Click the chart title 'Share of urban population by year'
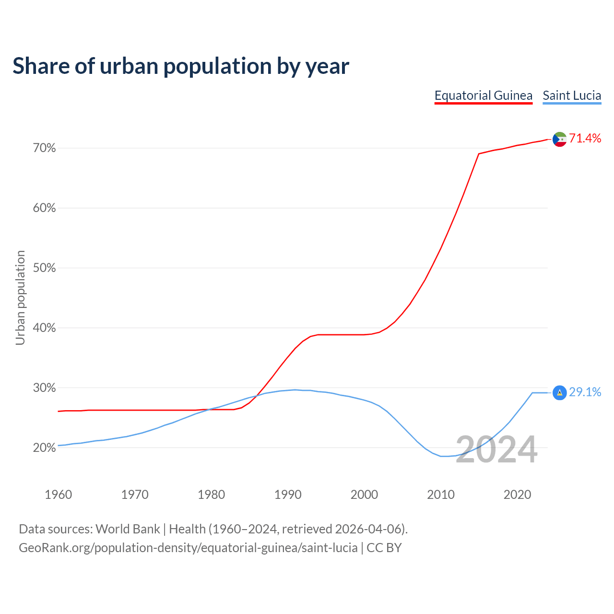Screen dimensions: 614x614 (x=181, y=66)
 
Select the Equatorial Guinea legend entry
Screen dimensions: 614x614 (x=483, y=95)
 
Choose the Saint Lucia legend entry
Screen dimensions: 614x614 (x=572, y=95)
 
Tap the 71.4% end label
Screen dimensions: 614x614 (x=585, y=139)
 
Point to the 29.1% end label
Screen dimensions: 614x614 (x=585, y=392)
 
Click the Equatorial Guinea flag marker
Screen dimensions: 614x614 (x=559, y=139)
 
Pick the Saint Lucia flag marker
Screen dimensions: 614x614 (x=559, y=393)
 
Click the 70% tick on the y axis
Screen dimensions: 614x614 (x=44, y=148)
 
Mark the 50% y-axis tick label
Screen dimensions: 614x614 (x=44, y=268)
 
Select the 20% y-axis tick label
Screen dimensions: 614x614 (x=44, y=448)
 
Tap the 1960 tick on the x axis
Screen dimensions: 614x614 (x=58, y=495)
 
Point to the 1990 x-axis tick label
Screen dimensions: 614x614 (x=288, y=495)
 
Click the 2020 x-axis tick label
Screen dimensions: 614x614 (x=517, y=495)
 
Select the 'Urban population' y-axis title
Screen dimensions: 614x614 (x=20, y=297)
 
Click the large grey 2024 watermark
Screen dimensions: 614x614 (x=496, y=450)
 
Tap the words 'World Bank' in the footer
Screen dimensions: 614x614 (x=128, y=529)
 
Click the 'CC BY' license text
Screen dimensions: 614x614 (x=384, y=548)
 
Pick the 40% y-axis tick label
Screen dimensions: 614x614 (x=44, y=328)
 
